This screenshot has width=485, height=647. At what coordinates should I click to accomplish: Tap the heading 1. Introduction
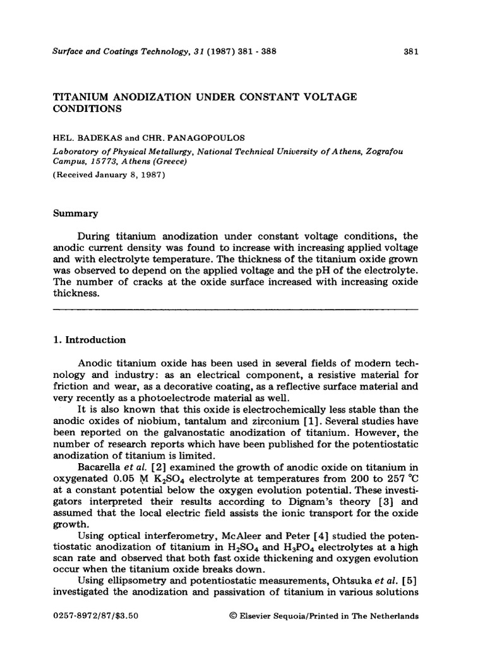tap(88, 340)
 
